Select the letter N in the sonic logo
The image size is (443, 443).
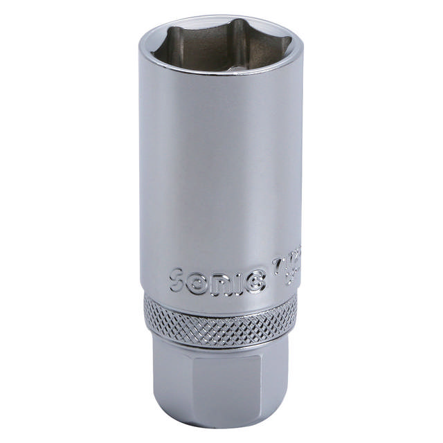(x=219, y=283)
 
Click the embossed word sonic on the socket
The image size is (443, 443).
(x=215, y=282)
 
